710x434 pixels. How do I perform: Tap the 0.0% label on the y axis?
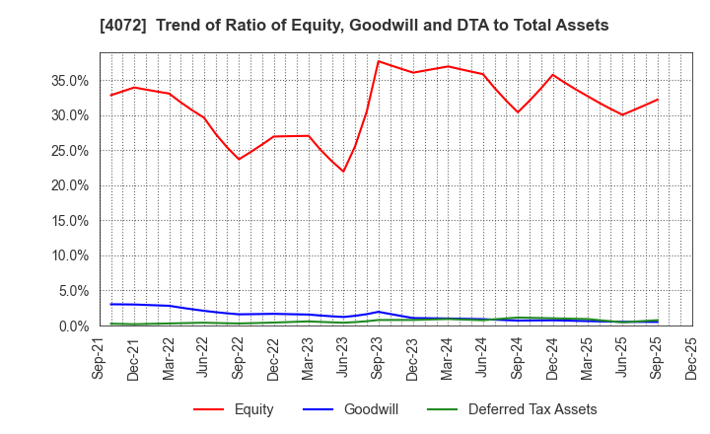click(73, 325)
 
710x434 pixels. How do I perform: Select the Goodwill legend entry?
click(370, 409)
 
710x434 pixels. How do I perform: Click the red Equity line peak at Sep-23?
click(378, 61)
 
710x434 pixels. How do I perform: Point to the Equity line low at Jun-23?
click(343, 171)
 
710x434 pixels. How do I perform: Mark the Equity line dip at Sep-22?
click(239, 159)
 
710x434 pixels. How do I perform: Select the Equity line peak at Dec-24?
click(552, 74)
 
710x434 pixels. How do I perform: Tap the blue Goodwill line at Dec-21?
click(134, 304)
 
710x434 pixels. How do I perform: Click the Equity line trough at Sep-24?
click(518, 112)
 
